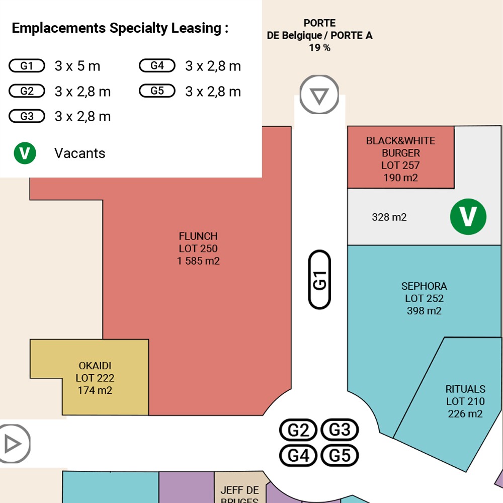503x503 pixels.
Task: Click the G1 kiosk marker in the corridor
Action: tap(319, 279)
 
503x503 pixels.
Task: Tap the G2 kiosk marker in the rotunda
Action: tap(298, 430)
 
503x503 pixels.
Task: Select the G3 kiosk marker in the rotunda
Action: tap(340, 430)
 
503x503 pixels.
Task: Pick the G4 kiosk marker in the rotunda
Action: tap(298, 455)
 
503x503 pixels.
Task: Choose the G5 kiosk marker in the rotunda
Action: tap(340, 455)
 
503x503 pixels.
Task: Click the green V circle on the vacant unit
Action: tap(468, 216)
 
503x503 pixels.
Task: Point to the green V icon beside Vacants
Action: tap(25, 153)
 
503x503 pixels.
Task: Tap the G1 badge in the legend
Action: tap(27, 66)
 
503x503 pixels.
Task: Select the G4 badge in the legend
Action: tap(157, 65)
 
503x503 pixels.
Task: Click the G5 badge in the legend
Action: tap(157, 91)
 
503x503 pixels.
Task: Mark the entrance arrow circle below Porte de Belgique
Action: tap(319, 95)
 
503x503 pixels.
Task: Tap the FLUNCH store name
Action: tap(198, 236)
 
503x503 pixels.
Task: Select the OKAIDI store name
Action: tap(95, 366)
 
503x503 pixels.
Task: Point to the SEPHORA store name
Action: tap(424, 286)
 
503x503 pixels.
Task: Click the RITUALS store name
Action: tap(465, 389)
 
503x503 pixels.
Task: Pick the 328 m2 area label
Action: tap(389, 217)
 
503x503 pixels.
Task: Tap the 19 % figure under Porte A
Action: tap(319, 48)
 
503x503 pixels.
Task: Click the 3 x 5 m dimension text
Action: tap(77, 66)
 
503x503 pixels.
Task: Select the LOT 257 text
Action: tap(400, 165)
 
